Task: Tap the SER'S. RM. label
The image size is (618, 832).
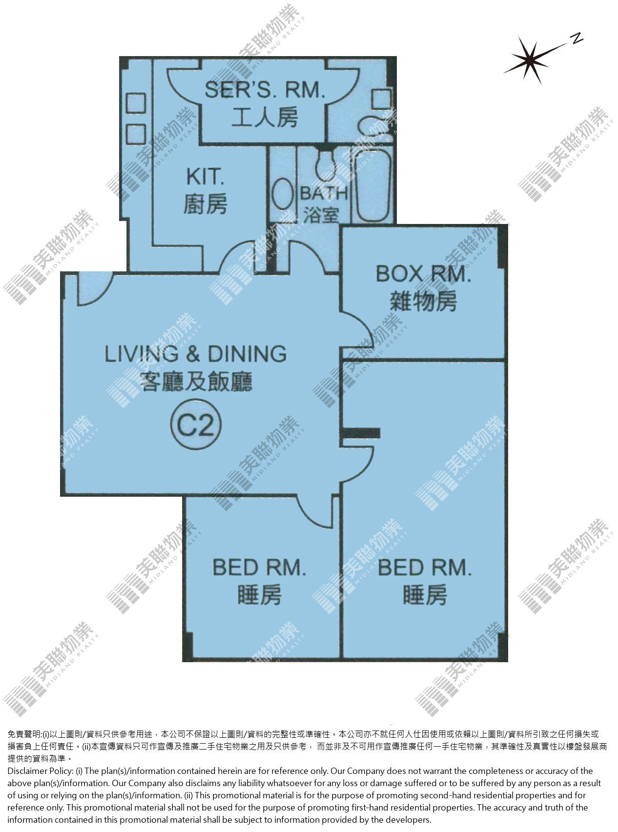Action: [x=265, y=90]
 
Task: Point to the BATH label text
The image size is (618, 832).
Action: [x=324, y=194]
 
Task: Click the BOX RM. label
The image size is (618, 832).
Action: [x=423, y=274]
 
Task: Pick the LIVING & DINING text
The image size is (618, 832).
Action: [x=196, y=354]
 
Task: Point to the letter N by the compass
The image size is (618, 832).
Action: [x=577, y=39]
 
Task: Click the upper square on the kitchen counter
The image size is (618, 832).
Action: [x=136, y=103]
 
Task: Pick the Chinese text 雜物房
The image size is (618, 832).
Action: [x=423, y=302]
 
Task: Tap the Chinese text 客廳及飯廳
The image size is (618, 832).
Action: [x=196, y=381]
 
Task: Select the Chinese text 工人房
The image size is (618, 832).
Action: [x=265, y=117]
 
